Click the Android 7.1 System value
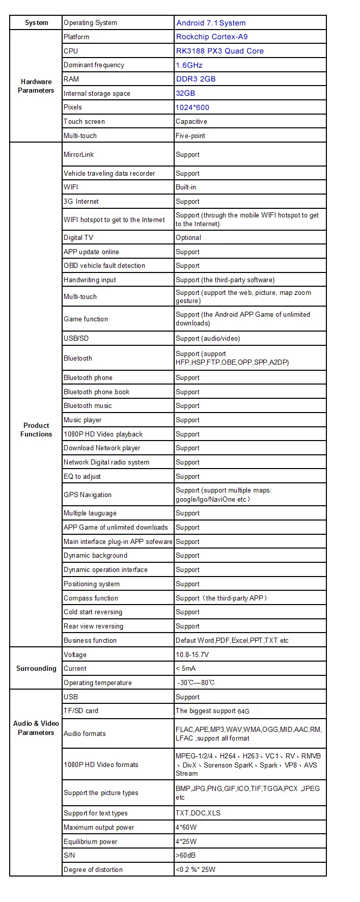[211, 23]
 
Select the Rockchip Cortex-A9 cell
[212, 37]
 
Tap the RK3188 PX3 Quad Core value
[219, 51]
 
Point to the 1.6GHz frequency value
[189, 65]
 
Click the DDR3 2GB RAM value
[196, 79]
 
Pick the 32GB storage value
[185, 93]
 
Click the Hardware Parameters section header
[36, 86]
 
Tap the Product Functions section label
[36, 430]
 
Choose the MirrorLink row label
[79, 154]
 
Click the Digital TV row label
[78, 237]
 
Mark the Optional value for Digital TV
[188, 237]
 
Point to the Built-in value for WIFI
[186, 187]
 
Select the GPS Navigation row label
[88, 495]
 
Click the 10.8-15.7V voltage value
[192, 654]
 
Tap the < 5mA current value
[185, 668]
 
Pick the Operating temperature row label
[98, 682]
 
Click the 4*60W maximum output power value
[186, 827]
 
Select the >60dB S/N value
[185, 855]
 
